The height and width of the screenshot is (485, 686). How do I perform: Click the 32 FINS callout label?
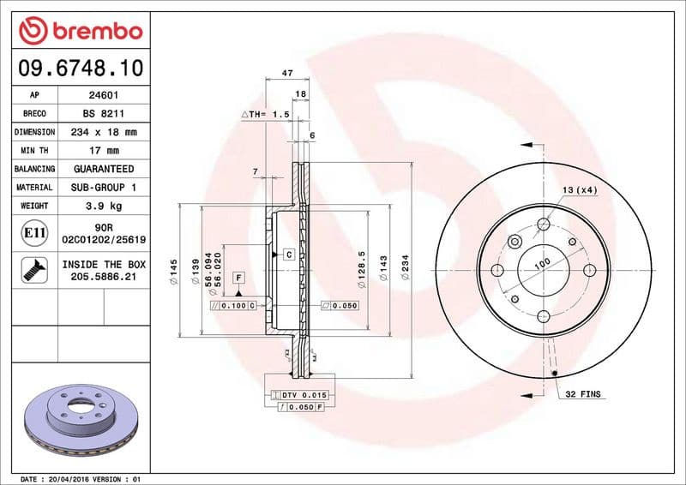tap(583, 394)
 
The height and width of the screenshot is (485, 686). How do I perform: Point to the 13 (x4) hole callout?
tap(580, 189)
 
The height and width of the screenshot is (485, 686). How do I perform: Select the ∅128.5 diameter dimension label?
tap(362, 266)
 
